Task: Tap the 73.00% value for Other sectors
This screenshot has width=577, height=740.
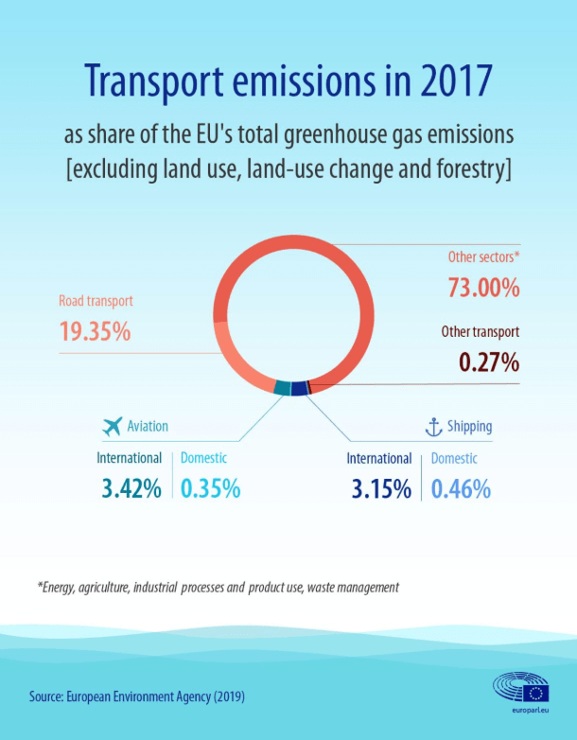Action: (x=483, y=288)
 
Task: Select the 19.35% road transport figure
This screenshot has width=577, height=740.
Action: (x=95, y=331)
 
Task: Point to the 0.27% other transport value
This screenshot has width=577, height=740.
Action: (x=489, y=362)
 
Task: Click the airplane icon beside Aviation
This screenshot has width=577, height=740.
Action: (x=113, y=427)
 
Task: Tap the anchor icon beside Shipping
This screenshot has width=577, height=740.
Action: (x=433, y=427)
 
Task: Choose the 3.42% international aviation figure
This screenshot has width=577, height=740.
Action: (x=131, y=488)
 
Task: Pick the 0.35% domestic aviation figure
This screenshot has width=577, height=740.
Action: (x=210, y=488)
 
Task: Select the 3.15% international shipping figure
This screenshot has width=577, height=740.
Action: (x=381, y=489)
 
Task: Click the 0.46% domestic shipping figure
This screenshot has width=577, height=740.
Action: (x=461, y=489)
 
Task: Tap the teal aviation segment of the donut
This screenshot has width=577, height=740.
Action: (x=282, y=387)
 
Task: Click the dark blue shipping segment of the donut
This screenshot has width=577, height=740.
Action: (x=300, y=388)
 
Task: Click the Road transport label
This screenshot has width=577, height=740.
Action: (x=96, y=301)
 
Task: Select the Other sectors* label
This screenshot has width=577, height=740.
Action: (x=483, y=257)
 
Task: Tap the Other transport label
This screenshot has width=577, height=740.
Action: (x=481, y=332)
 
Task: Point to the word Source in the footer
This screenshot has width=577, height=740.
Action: (x=45, y=696)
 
